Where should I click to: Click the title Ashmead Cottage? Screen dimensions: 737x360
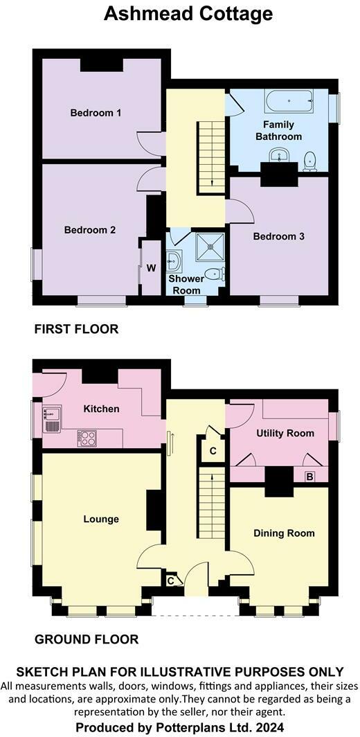(x=188, y=13)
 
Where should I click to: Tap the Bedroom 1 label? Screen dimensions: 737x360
(x=96, y=112)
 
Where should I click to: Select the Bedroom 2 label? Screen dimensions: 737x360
(x=90, y=230)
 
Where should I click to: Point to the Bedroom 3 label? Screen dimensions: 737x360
(x=279, y=236)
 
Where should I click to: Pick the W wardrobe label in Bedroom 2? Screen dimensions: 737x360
(x=151, y=267)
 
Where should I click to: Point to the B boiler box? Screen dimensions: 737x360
(x=310, y=476)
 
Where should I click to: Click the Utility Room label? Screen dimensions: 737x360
(x=285, y=434)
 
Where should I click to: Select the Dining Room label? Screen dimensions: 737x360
(x=284, y=533)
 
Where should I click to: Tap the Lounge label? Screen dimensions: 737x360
(x=101, y=519)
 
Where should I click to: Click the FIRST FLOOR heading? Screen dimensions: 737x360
(x=76, y=329)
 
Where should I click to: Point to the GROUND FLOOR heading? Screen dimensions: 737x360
(x=87, y=639)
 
